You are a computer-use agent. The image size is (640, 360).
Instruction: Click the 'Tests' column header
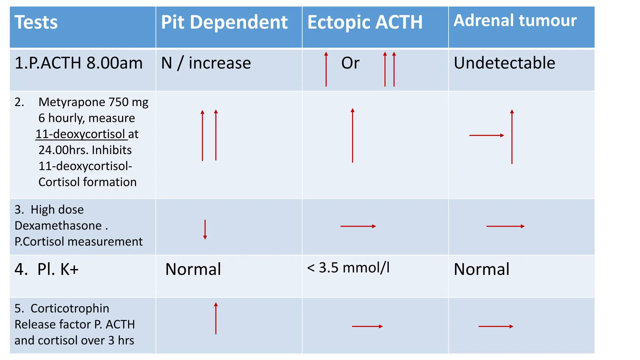pos(36,22)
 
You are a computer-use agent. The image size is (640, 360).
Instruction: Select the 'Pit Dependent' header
pos(224,22)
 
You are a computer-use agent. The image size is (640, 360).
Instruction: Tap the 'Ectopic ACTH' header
pos(365,22)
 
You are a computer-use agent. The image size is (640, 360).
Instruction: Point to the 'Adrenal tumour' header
pos(515,20)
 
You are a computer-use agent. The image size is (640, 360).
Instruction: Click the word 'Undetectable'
pos(504,63)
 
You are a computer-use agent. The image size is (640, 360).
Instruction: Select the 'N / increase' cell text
pos(206,63)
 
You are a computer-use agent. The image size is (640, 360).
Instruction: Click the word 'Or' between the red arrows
pos(350,63)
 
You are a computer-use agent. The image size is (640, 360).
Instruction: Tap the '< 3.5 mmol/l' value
pos(348,268)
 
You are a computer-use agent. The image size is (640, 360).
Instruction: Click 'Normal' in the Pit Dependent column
pos(193,269)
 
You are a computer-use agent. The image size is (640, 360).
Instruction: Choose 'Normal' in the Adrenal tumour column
pos(482,269)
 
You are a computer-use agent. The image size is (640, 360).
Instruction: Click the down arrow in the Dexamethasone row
pos(205,230)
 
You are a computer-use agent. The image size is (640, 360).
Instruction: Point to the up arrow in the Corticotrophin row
pos(216,318)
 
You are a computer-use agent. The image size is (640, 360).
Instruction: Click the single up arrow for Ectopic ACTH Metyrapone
pos(352,135)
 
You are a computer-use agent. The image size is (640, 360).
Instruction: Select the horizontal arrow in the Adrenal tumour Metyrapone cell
pos(487,135)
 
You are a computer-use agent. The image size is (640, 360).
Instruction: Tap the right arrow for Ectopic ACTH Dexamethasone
pos(358,226)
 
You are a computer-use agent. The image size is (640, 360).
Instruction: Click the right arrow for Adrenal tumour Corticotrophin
pos(496,326)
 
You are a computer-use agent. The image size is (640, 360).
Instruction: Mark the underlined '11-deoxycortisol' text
pos(82,134)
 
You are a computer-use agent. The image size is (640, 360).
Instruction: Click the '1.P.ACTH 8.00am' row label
pos(79,63)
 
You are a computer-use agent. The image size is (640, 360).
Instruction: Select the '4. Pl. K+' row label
pos(47,269)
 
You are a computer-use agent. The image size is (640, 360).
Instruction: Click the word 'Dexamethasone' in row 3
pos(58,226)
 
